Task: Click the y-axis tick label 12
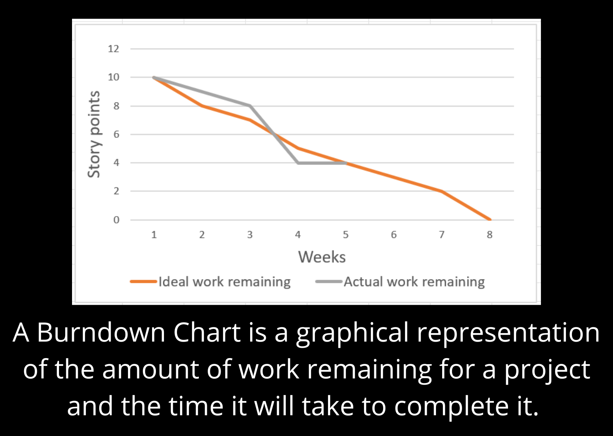coord(113,49)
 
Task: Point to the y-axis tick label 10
coord(113,77)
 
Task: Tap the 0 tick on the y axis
coord(116,220)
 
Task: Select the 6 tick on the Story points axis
coord(116,134)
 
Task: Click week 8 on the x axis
coord(489,235)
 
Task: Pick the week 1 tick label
coord(154,235)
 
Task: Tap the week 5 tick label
coord(346,235)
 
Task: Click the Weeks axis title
coord(322,257)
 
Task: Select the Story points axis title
coord(94,134)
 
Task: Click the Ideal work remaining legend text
coord(225,282)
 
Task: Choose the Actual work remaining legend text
coord(414,282)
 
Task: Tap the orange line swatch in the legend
coord(144,282)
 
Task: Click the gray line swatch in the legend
coord(329,282)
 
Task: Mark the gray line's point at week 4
coord(298,163)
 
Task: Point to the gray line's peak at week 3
coord(250,106)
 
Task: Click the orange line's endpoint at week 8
coord(490,220)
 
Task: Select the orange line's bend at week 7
coord(442,191)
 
